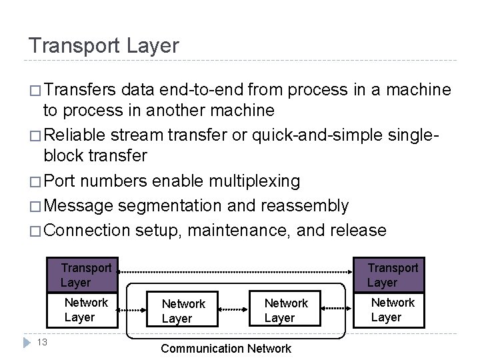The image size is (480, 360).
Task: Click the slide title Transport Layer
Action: pos(103,45)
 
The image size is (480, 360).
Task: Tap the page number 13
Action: pos(41,342)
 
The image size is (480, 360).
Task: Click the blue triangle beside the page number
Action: pos(25,343)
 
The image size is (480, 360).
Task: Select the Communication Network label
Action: pos(226,348)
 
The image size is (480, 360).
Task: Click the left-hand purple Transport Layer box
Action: pos(86,275)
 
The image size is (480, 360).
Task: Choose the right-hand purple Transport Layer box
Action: pos(393,275)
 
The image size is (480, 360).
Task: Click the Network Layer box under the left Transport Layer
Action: pos(86,310)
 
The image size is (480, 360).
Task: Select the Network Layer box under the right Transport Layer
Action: pos(393,310)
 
